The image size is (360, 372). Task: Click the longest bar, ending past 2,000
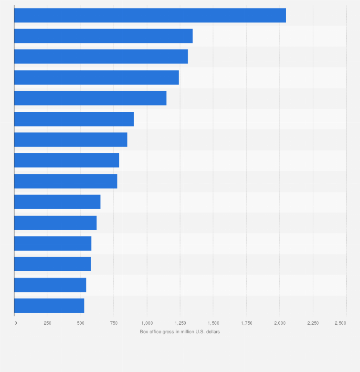[x=150, y=15]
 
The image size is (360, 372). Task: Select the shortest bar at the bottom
[x=49, y=306]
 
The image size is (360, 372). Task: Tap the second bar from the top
[x=103, y=36]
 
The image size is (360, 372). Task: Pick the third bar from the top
[x=101, y=56]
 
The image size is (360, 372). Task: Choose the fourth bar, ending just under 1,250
[x=96, y=77]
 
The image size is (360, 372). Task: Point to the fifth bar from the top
[x=90, y=98]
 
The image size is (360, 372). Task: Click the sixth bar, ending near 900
[x=74, y=119]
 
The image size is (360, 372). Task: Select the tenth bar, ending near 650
[x=57, y=202]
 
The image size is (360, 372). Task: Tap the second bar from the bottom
[x=50, y=285]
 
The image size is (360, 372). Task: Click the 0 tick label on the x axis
[x=15, y=323]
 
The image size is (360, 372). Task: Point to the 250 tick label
[x=47, y=323]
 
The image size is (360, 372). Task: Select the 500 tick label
[x=81, y=323]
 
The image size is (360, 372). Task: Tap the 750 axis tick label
[x=114, y=323]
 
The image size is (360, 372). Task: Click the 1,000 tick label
[x=147, y=323]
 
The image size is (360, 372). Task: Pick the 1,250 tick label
[x=180, y=323]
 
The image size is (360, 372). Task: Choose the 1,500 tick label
[x=213, y=323]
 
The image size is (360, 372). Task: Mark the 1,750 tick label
[x=246, y=323]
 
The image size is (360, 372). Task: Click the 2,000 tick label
[x=280, y=323]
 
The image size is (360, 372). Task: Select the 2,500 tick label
[x=340, y=323]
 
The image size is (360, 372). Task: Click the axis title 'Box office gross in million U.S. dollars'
[x=180, y=331]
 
